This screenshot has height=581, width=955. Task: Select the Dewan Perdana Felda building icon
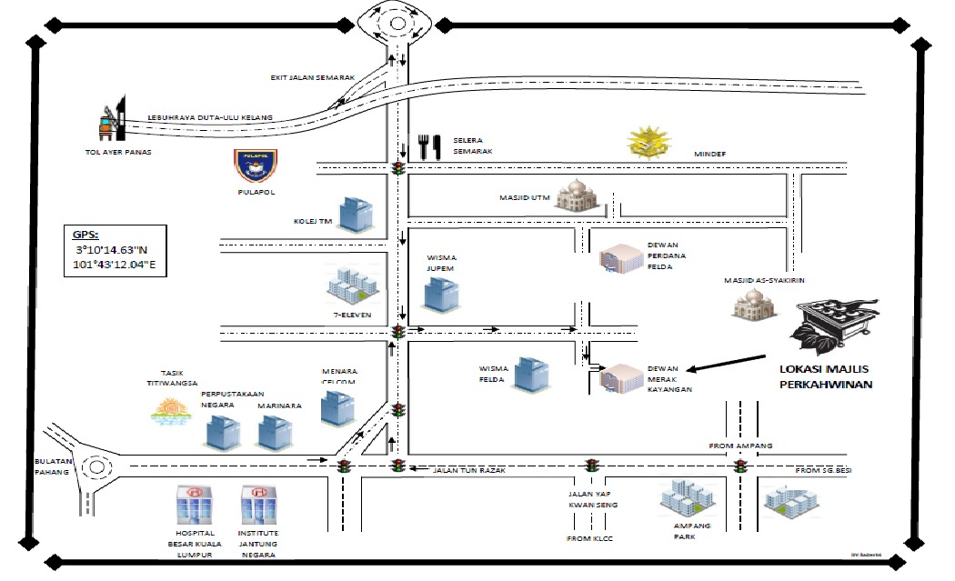pos(619,258)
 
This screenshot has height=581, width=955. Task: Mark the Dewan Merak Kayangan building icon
pos(620,378)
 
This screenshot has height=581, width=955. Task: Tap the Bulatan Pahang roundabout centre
pos(93,467)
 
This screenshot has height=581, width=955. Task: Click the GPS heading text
pos(87,232)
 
